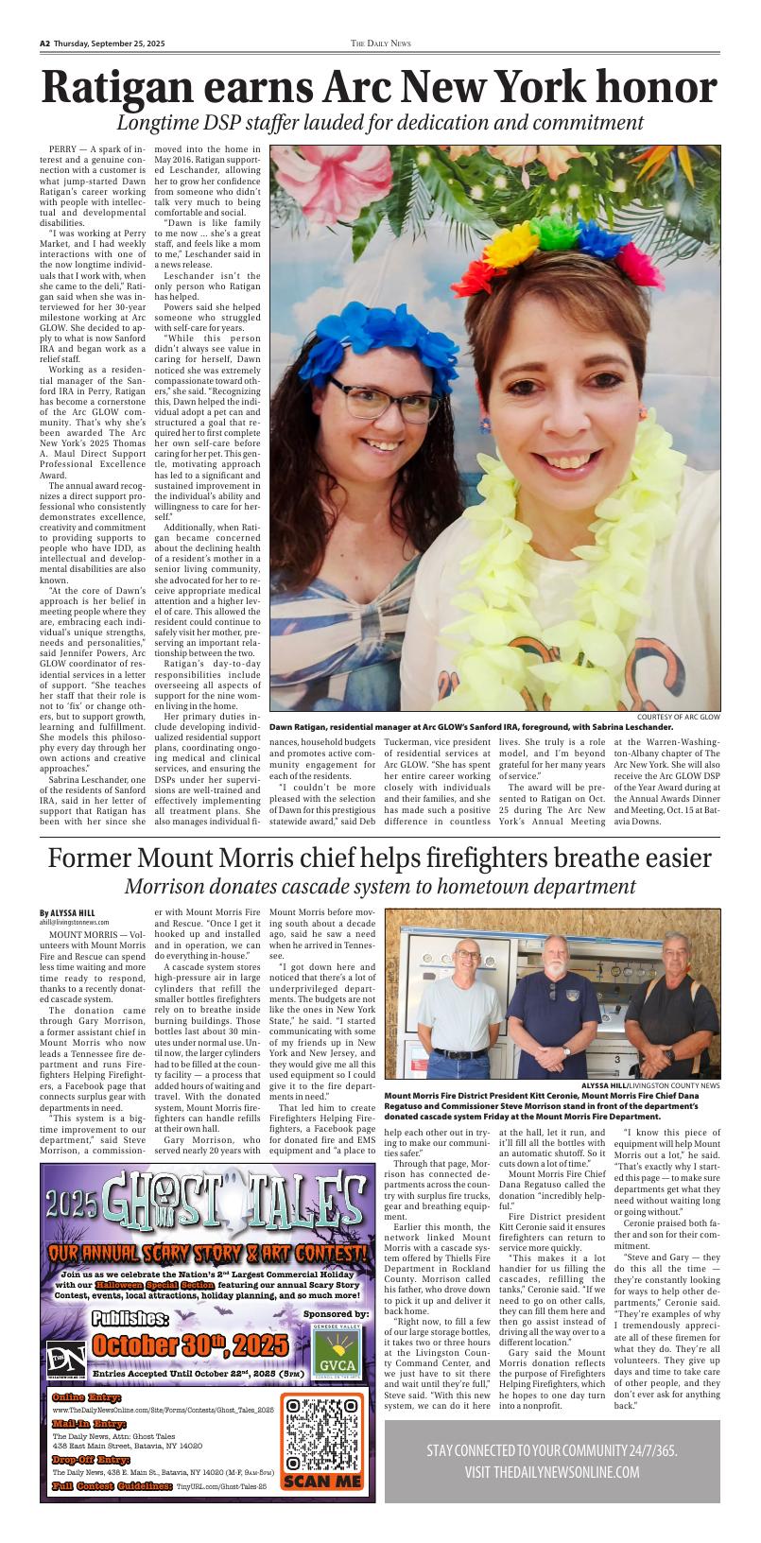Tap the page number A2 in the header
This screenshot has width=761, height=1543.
tap(44, 43)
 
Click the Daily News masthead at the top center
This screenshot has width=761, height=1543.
tap(381, 43)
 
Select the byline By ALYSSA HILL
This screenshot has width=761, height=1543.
tap(67, 912)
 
